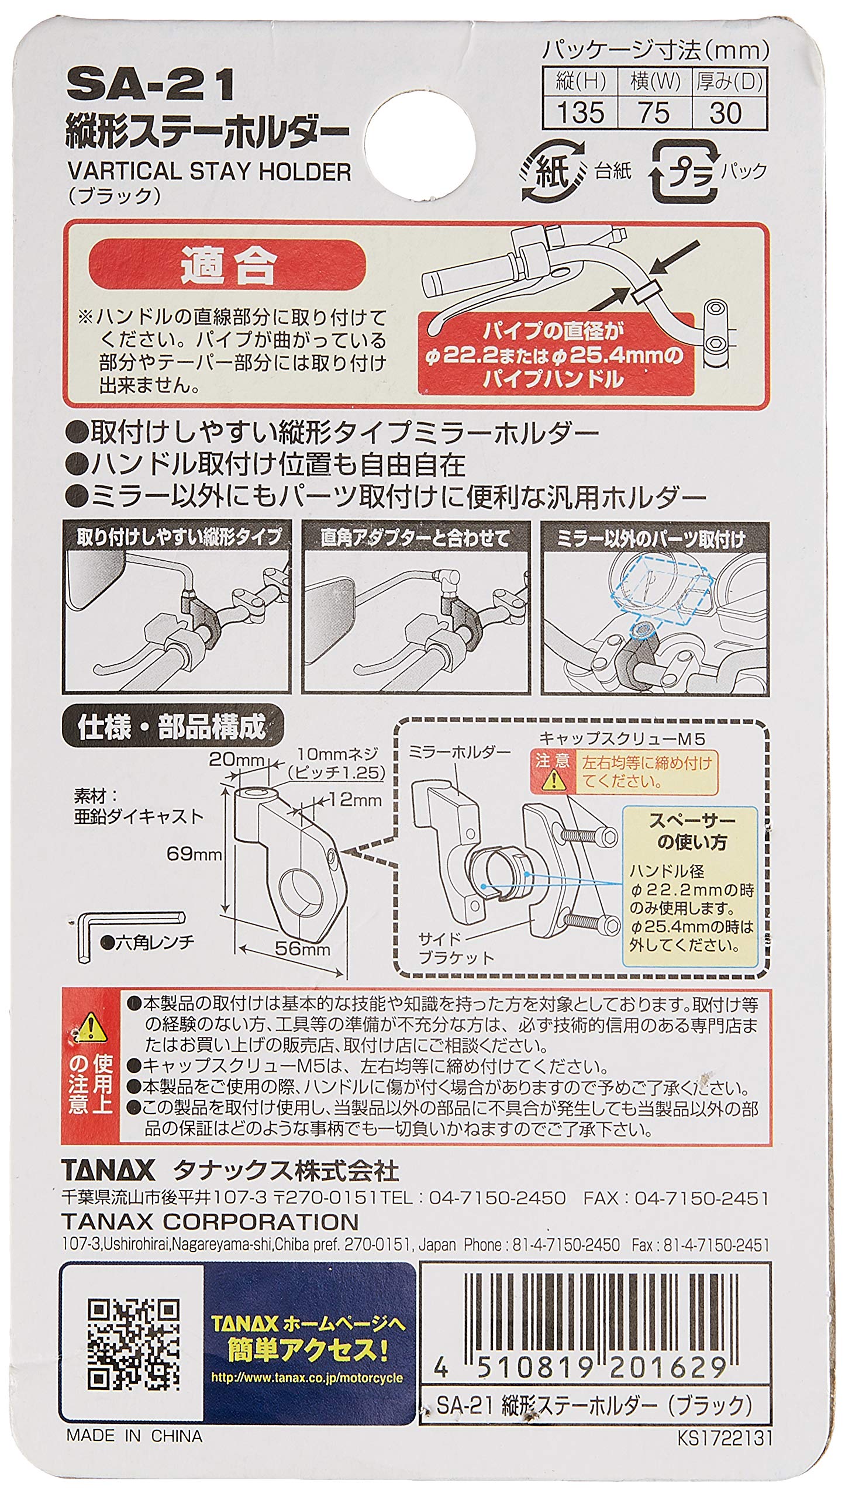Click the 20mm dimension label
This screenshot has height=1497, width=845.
coord(238,759)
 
